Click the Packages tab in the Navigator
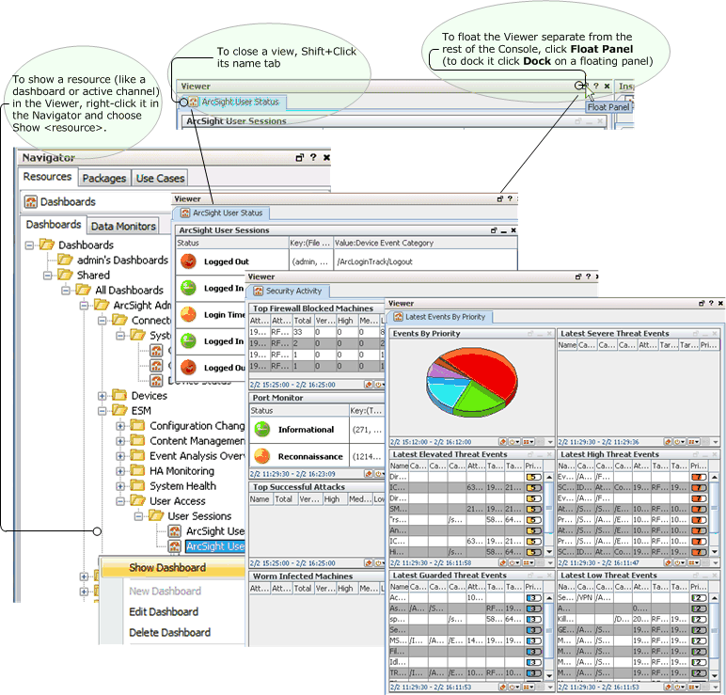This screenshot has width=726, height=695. (x=103, y=178)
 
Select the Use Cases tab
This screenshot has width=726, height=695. (x=159, y=178)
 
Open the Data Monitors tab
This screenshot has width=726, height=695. (x=123, y=226)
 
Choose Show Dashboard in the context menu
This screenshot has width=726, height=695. (x=167, y=568)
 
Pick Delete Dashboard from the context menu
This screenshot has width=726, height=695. (x=169, y=633)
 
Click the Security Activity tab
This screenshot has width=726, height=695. (x=293, y=292)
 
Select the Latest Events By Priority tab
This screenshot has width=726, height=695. (x=445, y=318)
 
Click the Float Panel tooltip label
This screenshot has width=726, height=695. (x=608, y=107)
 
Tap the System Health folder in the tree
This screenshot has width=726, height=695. (x=182, y=486)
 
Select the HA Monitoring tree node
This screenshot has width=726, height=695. (x=181, y=471)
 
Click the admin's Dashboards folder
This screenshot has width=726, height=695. (x=122, y=261)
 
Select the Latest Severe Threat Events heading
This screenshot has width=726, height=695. (x=614, y=334)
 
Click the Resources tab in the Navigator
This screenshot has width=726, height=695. (x=47, y=177)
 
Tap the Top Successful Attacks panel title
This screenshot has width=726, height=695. (x=298, y=487)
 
